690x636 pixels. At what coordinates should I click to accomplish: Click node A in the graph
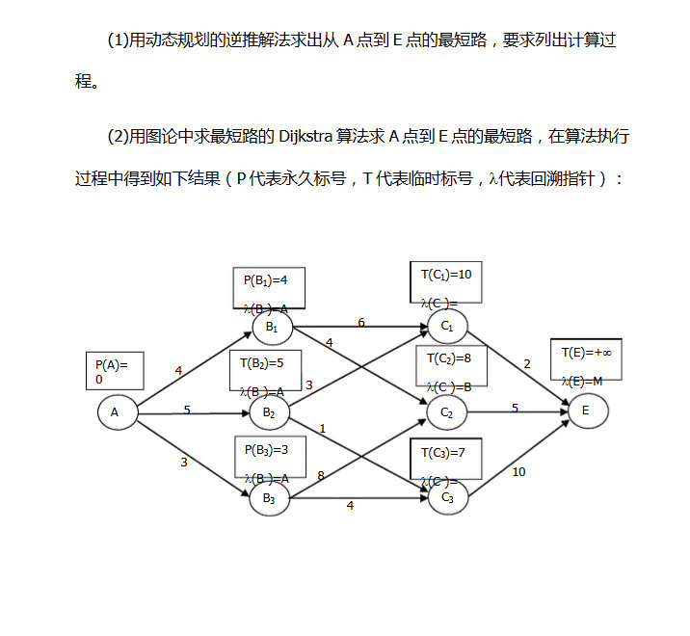coord(115,413)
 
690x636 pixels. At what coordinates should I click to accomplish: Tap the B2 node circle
coord(270,414)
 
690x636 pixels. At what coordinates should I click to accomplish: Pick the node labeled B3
coord(270,498)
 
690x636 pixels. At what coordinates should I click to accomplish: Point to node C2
coord(447,413)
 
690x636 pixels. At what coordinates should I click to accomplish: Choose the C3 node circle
coord(447,498)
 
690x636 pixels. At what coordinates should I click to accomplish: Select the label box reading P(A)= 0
coord(115,371)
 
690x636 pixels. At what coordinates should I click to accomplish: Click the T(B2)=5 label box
coord(265,371)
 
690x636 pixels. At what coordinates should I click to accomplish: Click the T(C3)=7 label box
coord(445,459)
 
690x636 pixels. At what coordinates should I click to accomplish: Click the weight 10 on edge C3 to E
coord(518,471)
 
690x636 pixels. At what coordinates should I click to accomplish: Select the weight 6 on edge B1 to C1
coord(360,322)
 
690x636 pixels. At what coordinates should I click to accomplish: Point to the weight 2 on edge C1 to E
coord(527,363)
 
